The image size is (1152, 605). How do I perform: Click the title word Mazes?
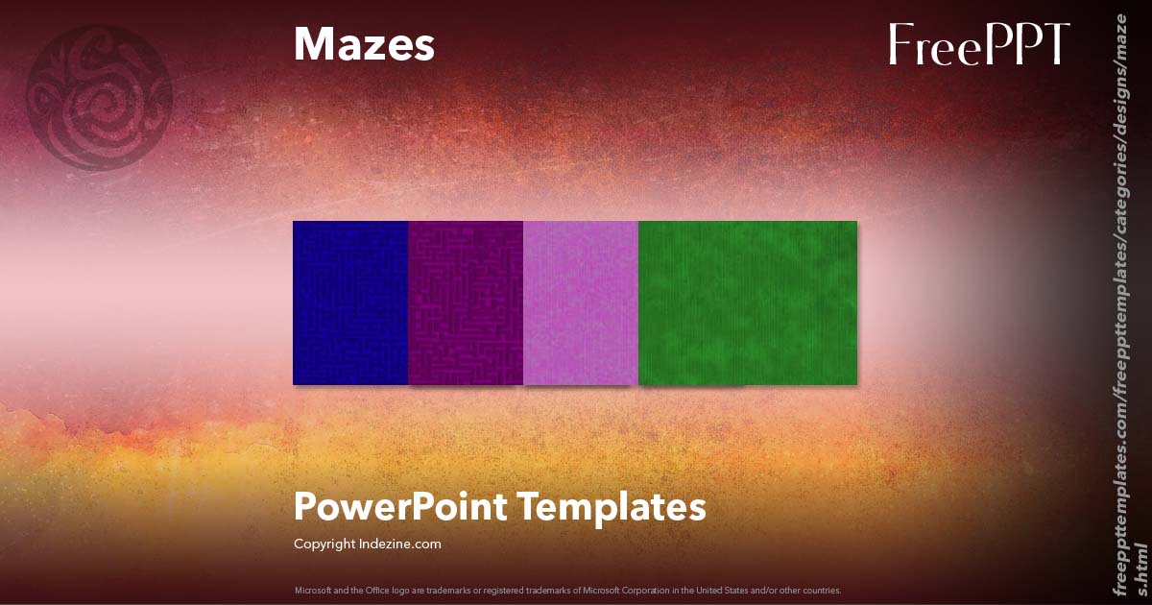[x=364, y=45]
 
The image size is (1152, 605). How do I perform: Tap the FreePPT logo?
[x=978, y=45]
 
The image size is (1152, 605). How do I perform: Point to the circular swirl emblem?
[x=100, y=96]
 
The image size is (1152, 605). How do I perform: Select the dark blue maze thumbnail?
[x=350, y=302]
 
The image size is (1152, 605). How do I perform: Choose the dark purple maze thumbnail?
[x=466, y=302]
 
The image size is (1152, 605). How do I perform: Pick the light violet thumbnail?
[x=581, y=302]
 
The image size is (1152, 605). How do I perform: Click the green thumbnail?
[x=748, y=302]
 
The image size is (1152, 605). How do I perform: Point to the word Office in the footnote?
[x=368, y=590]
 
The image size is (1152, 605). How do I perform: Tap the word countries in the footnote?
[x=823, y=590]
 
